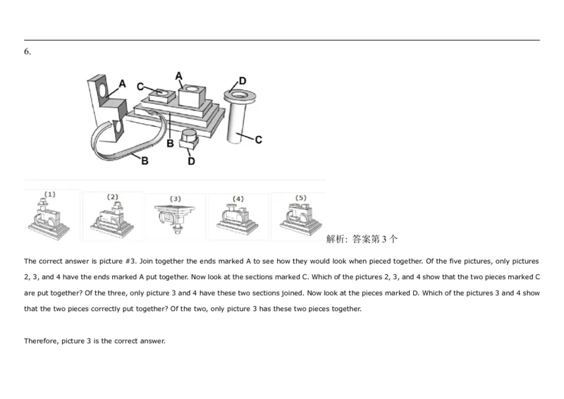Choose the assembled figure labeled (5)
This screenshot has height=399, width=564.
(299, 217)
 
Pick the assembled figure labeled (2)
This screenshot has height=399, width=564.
(113, 219)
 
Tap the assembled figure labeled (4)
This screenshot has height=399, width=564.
(238, 218)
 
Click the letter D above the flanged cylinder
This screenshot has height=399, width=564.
(243, 80)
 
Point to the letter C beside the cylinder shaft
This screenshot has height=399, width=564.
(258, 140)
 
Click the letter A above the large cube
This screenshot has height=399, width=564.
(178, 75)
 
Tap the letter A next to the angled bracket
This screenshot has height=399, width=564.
(122, 84)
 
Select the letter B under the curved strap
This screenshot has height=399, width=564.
(145, 161)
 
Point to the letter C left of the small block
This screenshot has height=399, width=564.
(140, 87)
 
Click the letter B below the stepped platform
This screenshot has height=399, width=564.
(170, 144)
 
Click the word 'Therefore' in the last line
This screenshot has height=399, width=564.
(41, 342)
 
